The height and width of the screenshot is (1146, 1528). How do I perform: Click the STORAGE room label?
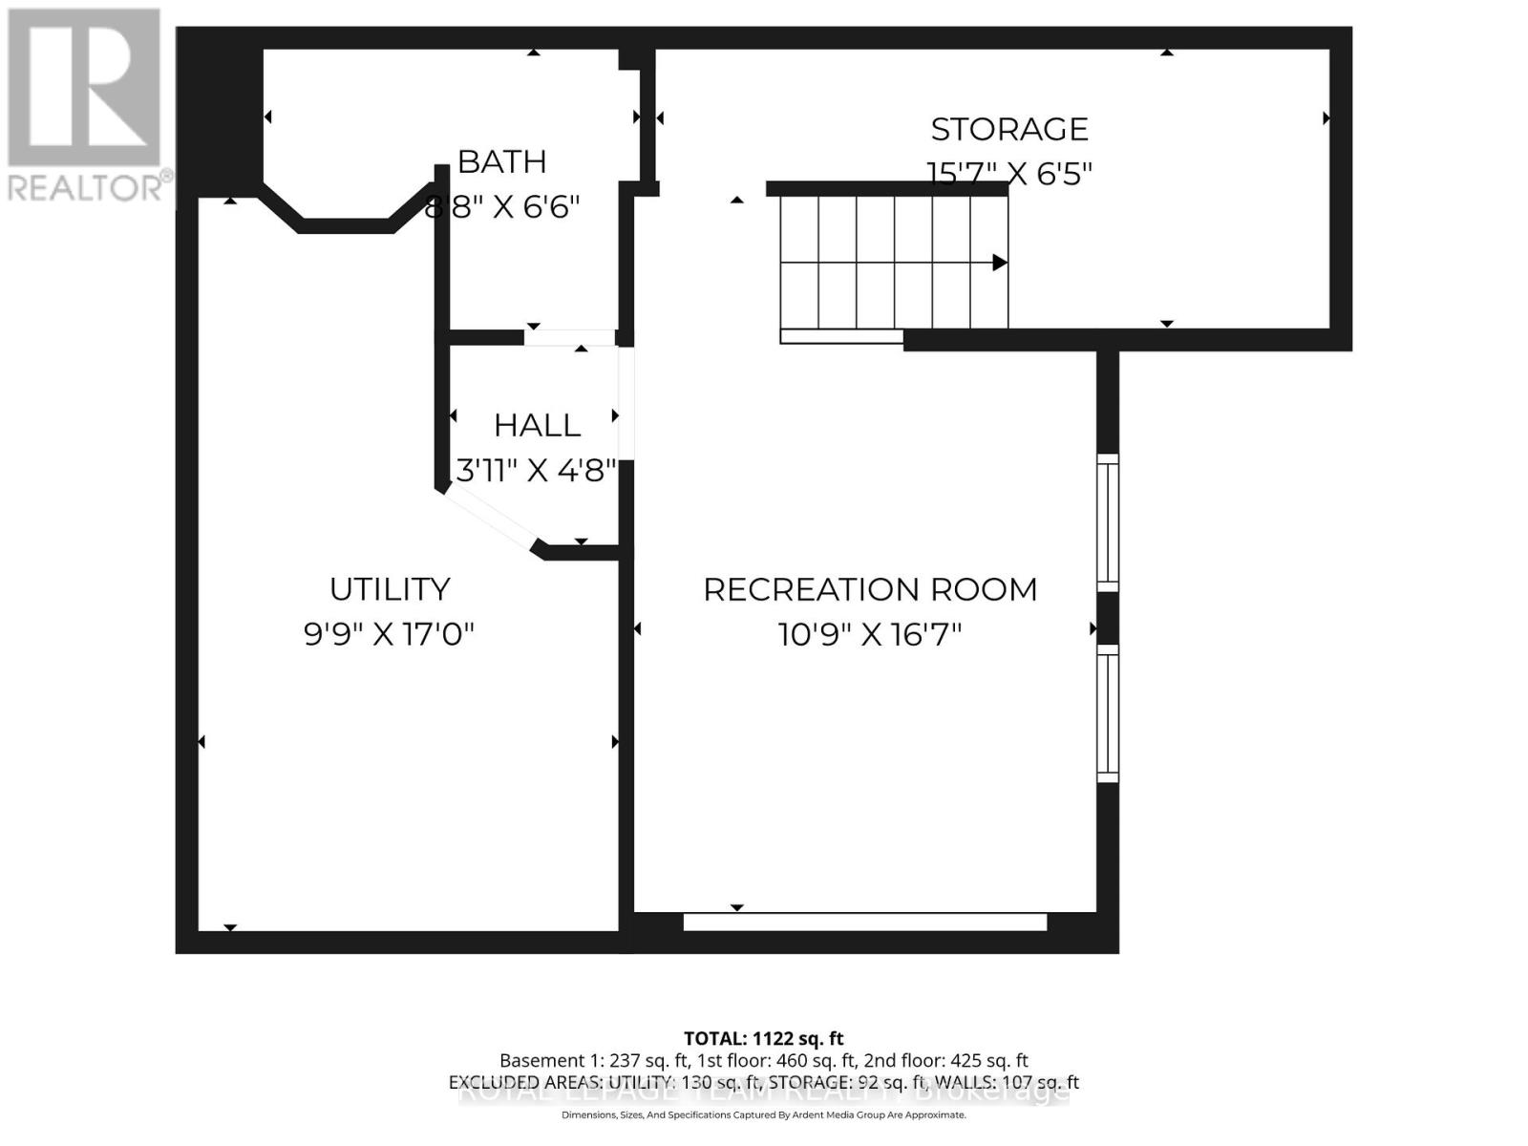click(x=1009, y=129)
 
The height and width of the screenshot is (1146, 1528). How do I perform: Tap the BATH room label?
click(x=501, y=161)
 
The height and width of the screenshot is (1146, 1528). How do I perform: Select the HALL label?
click(x=537, y=425)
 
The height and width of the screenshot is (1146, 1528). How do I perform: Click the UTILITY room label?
click(x=390, y=589)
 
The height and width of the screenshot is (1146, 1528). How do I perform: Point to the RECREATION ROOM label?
click(x=870, y=589)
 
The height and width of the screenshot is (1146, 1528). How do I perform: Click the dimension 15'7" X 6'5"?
click(x=1009, y=174)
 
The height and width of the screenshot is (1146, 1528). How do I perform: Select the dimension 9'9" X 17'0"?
click(x=390, y=634)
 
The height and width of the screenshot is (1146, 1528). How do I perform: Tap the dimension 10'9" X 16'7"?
click(x=870, y=634)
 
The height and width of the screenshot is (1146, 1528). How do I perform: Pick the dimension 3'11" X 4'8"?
click(x=535, y=470)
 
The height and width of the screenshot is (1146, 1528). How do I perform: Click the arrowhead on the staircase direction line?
click(x=999, y=262)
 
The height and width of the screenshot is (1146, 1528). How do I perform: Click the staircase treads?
click(x=876, y=262)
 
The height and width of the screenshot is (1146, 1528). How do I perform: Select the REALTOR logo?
click(x=86, y=105)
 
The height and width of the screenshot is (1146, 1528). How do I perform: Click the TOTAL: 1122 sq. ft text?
click(x=763, y=1038)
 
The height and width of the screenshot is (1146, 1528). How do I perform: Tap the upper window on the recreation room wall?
click(x=1107, y=522)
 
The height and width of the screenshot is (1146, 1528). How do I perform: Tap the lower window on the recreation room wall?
click(x=1107, y=713)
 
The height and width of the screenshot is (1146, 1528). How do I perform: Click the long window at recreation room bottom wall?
click(x=865, y=923)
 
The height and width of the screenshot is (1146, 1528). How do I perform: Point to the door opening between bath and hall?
click(x=569, y=337)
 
